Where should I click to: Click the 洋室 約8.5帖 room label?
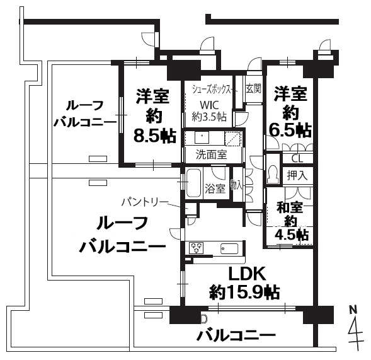[x=154, y=116]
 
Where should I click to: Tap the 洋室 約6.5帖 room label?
[x=290, y=112]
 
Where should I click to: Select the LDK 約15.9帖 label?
[x=245, y=283]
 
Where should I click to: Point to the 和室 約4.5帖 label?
[x=291, y=221]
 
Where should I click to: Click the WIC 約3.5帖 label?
[x=209, y=111]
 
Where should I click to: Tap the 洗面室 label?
[x=211, y=154]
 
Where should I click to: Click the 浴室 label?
[x=215, y=189]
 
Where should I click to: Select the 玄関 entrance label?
[x=253, y=89]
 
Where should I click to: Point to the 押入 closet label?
[x=297, y=175]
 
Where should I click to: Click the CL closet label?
[x=297, y=159]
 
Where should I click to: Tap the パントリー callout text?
[x=145, y=202]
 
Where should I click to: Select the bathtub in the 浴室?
[x=194, y=183]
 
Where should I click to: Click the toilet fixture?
[x=272, y=174]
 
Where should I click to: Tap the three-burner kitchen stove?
[x=196, y=248]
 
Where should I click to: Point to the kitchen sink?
[x=229, y=248]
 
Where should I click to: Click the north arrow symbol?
[x=355, y=336]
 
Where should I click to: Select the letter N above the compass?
[x=353, y=309]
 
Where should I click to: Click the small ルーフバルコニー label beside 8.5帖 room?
[x=85, y=114]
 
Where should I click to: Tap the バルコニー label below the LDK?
[x=237, y=335]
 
